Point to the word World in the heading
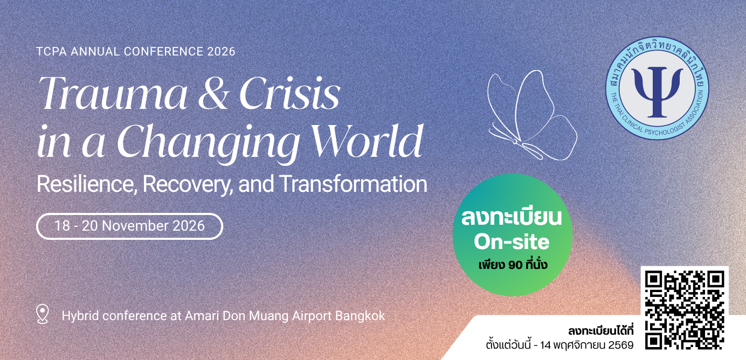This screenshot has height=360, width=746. coord(366,141)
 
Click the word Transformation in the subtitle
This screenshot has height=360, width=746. coord(353,184)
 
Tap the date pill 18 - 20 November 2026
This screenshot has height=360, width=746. coord(129,226)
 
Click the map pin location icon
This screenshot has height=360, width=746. coord(43,314)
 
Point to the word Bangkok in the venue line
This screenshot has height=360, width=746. coord(360,316)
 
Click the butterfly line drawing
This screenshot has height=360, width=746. coord(532,115)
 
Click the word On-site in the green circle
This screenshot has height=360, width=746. coord(512,242)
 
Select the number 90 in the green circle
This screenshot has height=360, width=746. coord(515,265)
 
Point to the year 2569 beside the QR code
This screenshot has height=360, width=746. coord(621,345)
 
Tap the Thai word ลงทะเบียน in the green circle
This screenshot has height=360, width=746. coord(512,218)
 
